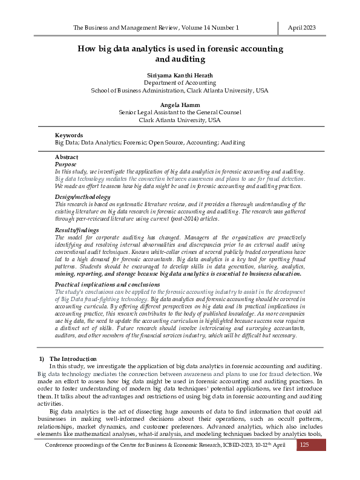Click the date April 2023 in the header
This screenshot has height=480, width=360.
(x=301, y=28)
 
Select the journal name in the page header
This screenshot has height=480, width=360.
(x=155, y=28)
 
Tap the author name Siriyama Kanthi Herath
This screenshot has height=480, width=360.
(x=180, y=74)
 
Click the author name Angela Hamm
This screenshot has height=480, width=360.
(x=180, y=105)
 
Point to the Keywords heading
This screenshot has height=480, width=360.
(x=69, y=135)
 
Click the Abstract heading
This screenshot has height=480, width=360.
(x=67, y=157)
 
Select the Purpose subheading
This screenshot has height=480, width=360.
(x=66, y=164)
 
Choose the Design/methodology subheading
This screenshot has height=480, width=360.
(x=83, y=197)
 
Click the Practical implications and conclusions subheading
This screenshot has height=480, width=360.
(x=107, y=284)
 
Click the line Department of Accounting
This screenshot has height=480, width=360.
(x=180, y=82)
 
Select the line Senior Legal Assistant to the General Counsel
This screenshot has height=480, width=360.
(x=180, y=112)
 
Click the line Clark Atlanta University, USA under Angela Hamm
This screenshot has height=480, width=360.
(x=180, y=120)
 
